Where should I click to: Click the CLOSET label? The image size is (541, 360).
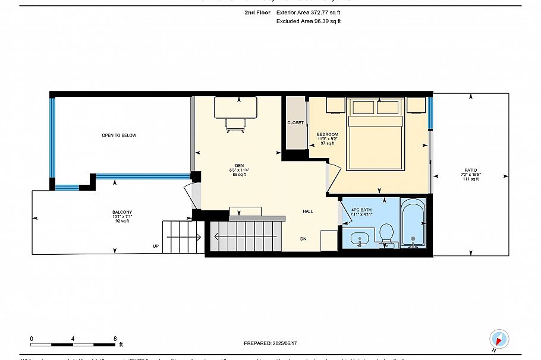[295, 123]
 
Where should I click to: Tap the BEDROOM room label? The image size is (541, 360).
[327, 135]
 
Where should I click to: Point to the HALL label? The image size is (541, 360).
[308, 211]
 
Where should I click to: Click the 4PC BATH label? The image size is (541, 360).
[361, 210]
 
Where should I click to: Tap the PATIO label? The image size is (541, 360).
[470, 170]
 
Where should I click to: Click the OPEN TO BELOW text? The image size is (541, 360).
[119, 135]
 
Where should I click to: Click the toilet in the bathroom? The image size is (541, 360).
[386, 233]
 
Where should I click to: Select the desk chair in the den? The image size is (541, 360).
[236, 123]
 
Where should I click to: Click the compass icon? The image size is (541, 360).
[499, 339]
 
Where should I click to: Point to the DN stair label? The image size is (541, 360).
[303, 239]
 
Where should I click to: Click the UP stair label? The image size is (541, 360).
[156, 246]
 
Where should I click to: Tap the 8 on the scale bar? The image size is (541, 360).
[115, 338]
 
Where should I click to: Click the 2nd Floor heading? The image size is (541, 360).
[256, 12]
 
